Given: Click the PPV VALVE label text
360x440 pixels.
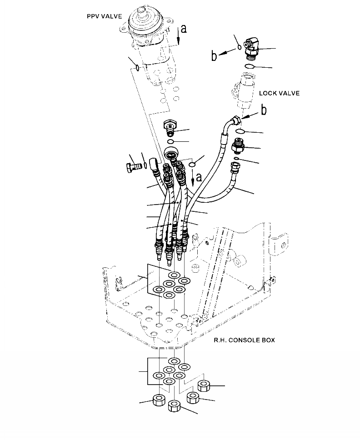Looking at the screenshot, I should [x=105, y=16].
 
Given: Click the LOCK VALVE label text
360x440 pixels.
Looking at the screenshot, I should [x=279, y=93].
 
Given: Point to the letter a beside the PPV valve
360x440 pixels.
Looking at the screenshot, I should [x=183, y=29].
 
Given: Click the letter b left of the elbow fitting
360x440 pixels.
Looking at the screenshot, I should [x=214, y=56].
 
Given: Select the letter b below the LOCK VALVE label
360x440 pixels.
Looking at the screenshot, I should [x=263, y=110].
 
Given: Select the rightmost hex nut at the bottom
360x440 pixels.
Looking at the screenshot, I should [x=203, y=385].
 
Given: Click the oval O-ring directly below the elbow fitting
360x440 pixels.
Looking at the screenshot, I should [x=250, y=66].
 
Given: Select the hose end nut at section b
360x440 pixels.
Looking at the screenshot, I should [x=235, y=121].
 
